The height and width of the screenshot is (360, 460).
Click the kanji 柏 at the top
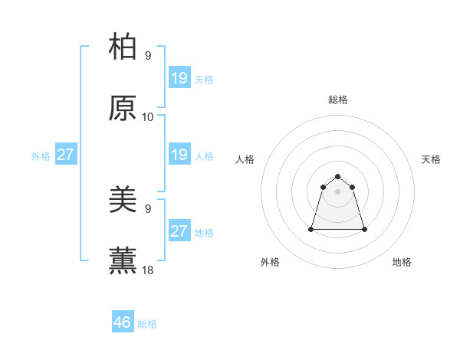tap(123, 47)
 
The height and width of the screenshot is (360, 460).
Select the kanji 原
tap(123, 108)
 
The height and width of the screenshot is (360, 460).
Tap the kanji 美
tap(123, 200)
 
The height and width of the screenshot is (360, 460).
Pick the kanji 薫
tap(123, 261)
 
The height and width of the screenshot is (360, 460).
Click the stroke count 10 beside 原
tap(147, 116)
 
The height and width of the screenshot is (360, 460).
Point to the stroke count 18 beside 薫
tap(147, 270)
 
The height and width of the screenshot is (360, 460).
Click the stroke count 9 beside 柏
tap(147, 55)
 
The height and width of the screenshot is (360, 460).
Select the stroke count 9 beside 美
tap(147, 208)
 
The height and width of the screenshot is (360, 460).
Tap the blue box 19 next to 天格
tap(179, 78)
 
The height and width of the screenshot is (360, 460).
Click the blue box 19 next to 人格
tap(179, 155)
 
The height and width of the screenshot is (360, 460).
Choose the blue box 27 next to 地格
tap(179, 231)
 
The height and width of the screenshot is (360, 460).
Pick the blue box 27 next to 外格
tap(65, 155)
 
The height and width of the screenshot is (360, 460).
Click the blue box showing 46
tap(123, 322)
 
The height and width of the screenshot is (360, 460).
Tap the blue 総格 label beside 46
tap(147, 324)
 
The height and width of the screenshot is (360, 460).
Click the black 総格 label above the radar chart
tap(338, 100)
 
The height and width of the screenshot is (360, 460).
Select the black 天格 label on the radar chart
tap(431, 159)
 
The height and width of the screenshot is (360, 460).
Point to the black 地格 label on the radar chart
tap(402, 262)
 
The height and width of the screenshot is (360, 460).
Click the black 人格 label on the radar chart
tap(245, 159)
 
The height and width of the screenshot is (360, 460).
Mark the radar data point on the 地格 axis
tap(364, 229)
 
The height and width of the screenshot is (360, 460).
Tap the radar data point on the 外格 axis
tap(312, 229)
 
